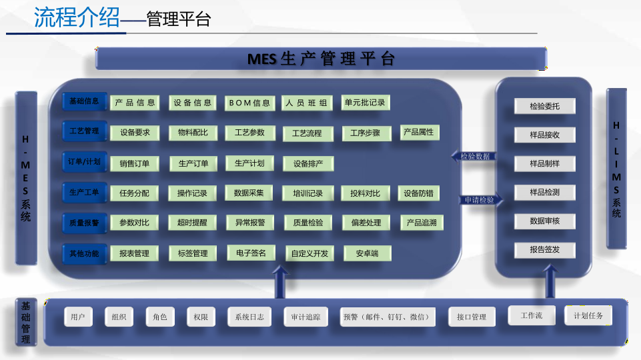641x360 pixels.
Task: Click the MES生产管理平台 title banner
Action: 321,59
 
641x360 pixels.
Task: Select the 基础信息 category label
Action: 84,101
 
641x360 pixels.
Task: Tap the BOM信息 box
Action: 249,103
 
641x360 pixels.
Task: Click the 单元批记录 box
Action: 366,103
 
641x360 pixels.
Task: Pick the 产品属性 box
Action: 420,133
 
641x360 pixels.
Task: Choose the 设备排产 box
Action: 308,164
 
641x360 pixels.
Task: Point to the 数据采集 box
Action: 249,193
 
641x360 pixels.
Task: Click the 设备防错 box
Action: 419,193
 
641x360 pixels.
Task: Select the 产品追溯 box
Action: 422,223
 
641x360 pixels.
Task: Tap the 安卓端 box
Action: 368,253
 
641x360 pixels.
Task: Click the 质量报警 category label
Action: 84,223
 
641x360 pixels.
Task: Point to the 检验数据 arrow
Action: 474,156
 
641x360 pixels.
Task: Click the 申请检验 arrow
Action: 482,200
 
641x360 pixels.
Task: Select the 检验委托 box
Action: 544,106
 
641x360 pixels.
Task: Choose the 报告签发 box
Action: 544,250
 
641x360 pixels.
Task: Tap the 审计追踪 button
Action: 305,317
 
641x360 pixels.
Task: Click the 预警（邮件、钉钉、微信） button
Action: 387,317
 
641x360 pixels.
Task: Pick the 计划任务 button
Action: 588,315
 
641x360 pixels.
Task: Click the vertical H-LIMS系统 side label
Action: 616,169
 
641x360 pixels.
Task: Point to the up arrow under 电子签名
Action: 280,282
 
